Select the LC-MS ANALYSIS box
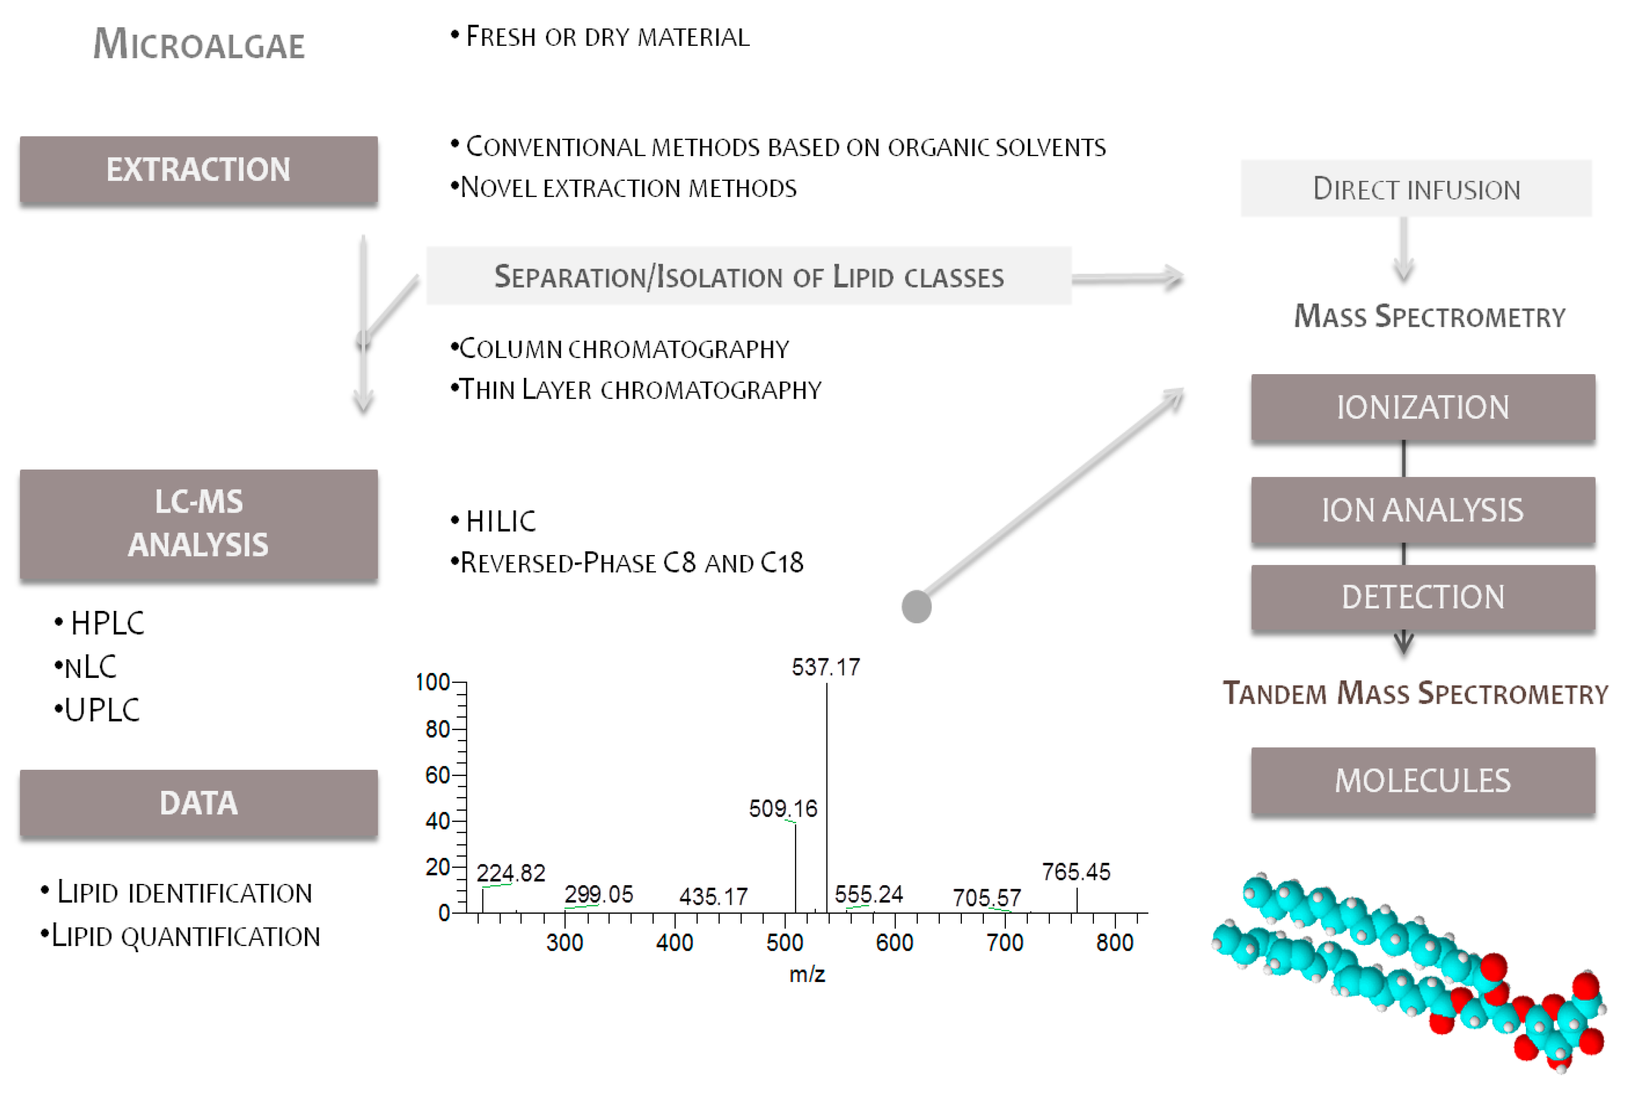[198, 524]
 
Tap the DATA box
[198, 803]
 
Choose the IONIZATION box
[1422, 407]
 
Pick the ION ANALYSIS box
[1422, 510]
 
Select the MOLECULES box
[1422, 781]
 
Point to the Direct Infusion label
[1416, 189]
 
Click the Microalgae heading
[199, 44]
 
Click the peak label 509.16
[783, 809]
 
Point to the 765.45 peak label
[1075, 872]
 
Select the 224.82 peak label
[510, 873]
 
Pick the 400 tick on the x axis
[674, 943]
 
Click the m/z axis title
[807, 974]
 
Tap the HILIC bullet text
[500, 521]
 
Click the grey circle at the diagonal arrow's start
[916, 606]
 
